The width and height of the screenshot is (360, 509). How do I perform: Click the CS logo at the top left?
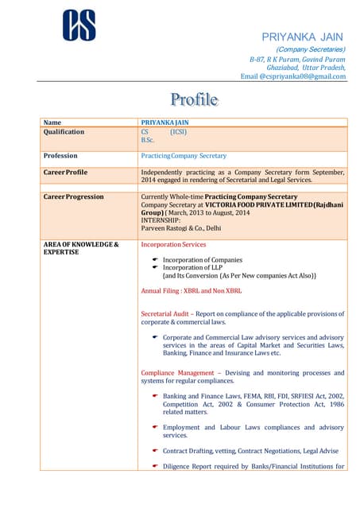[79, 25]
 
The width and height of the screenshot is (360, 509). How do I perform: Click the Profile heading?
[194, 99]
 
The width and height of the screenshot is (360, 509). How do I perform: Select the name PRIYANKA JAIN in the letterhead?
[303, 37]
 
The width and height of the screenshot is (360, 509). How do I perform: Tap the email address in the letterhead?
[293, 76]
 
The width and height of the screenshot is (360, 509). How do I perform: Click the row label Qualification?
[64, 132]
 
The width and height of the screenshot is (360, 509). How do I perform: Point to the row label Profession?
[60, 156]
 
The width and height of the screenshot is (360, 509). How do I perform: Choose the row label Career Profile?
[65, 172]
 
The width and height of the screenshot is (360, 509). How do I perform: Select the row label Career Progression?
[73, 196]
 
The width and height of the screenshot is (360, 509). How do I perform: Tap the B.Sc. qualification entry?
[148, 140]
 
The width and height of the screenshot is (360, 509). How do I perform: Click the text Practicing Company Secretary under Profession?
[184, 156]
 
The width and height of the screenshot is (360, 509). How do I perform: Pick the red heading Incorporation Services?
[173, 244]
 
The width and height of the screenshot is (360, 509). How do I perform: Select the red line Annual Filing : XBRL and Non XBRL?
[191, 291]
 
